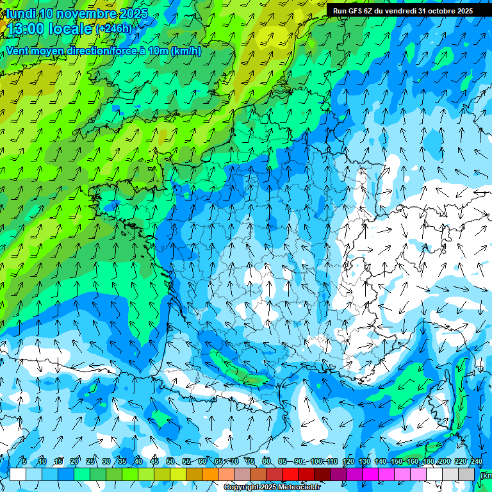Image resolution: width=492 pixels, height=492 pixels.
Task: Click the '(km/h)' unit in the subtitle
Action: pos(186,51)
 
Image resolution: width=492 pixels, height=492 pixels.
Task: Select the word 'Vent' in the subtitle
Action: pos(18,51)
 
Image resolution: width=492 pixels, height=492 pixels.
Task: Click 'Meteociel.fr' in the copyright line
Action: pos(300,488)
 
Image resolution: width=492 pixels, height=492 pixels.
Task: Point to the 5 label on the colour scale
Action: pos(24,462)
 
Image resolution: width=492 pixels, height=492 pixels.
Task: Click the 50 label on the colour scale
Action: pos(170,462)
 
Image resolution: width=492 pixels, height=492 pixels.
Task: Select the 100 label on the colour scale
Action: pos(317,462)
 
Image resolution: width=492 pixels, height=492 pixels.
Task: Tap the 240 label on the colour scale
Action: pos(476,462)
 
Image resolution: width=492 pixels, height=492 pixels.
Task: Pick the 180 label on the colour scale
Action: pos(428,462)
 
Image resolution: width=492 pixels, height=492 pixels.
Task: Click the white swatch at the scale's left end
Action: pos(18,474)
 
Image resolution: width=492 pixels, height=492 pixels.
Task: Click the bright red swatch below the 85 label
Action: pos(290,474)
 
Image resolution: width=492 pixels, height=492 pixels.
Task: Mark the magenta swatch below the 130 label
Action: pos(370,474)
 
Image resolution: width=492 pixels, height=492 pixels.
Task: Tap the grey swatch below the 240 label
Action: pos(466,474)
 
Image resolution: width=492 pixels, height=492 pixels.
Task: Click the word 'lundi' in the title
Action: pos(20,13)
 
